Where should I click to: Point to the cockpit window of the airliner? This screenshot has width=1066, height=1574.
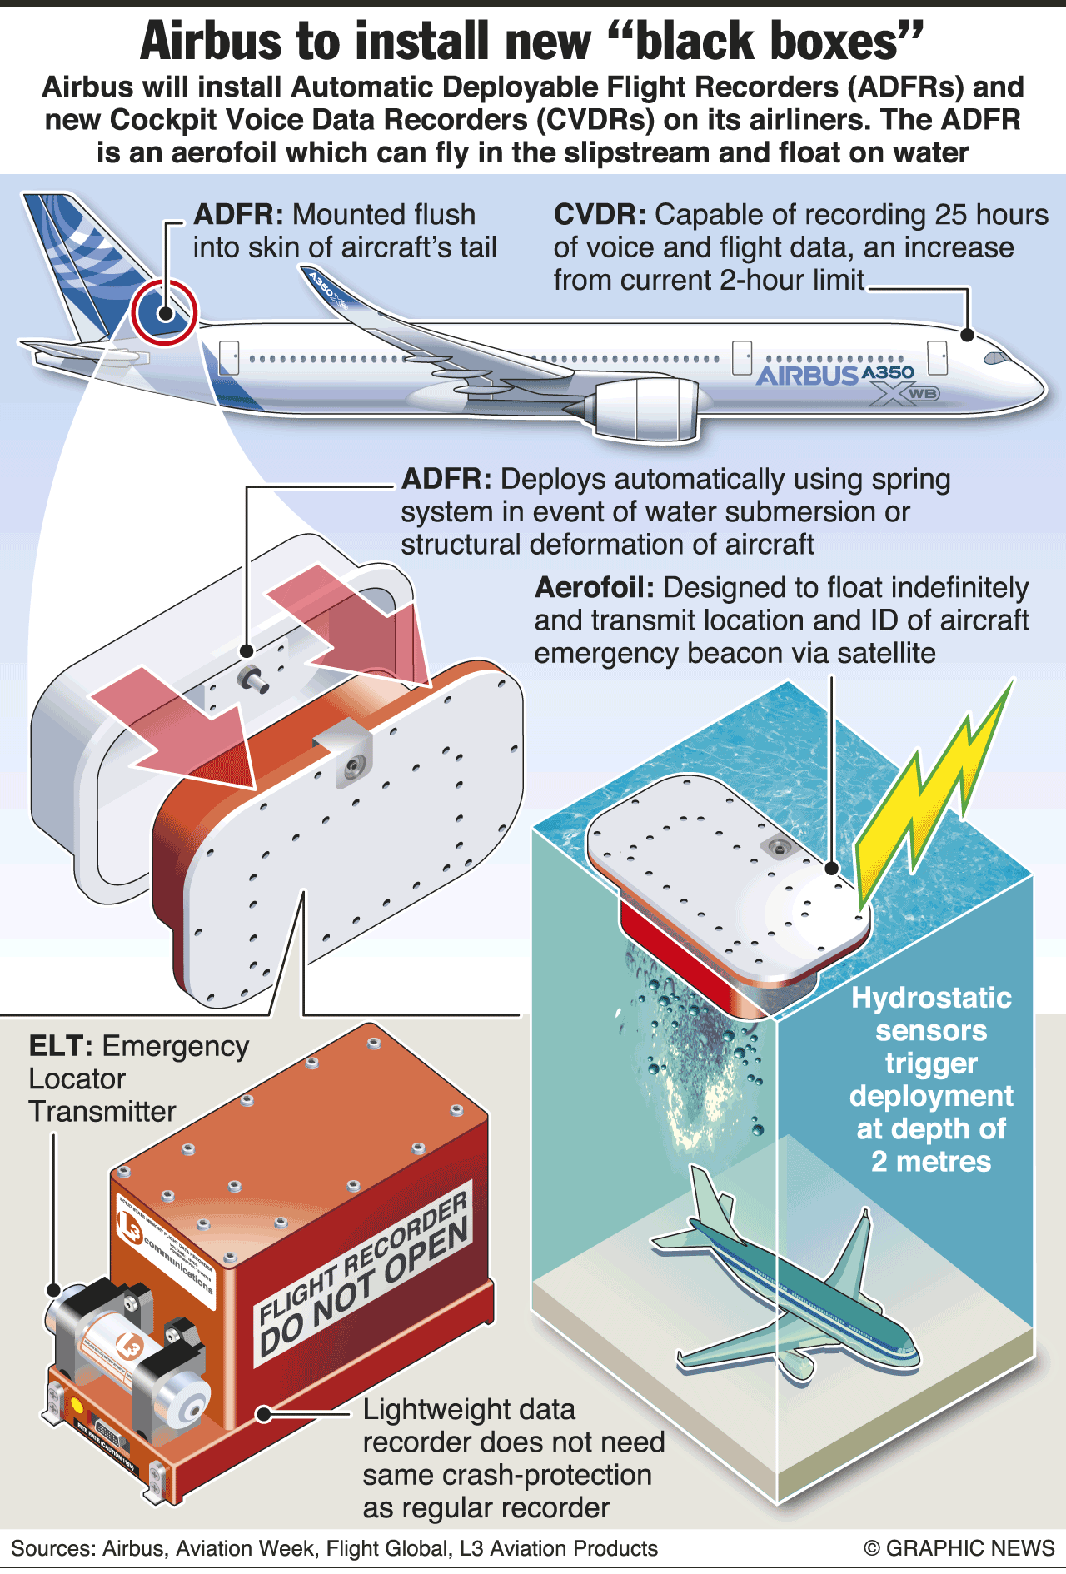pyautogui.click(x=994, y=358)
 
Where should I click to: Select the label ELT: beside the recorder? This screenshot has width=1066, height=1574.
pyautogui.click(x=59, y=1046)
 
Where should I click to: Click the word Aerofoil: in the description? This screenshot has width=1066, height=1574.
pyautogui.click(x=594, y=588)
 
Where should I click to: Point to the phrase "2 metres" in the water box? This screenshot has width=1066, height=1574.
pyautogui.click(x=931, y=1162)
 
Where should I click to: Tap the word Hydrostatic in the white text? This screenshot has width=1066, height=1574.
pyautogui.click(x=931, y=998)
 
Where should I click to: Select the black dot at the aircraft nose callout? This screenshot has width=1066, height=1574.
pyautogui.click(x=967, y=335)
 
